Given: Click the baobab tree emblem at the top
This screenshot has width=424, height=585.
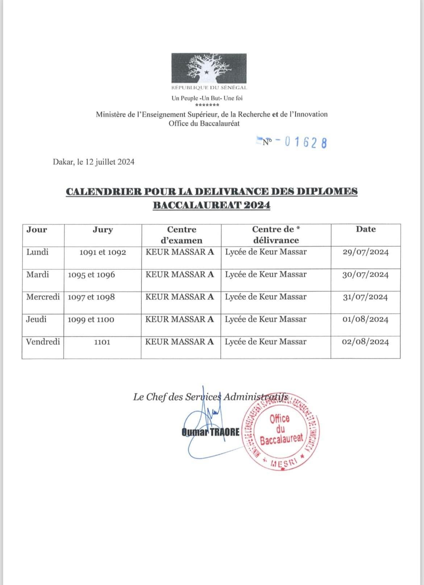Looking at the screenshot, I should [x=209, y=68].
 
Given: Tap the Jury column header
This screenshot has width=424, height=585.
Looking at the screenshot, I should [x=103, y=230].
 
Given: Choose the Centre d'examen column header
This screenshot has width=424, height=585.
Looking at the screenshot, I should [x=181, y=235].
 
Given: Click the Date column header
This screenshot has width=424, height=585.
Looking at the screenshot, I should [x=366, y=229].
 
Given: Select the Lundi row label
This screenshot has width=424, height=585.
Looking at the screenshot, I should [x=37, y=252].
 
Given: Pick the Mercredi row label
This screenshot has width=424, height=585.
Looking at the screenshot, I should [x=43, y=297].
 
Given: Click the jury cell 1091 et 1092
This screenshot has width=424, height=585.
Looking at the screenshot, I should [x=103, y=253].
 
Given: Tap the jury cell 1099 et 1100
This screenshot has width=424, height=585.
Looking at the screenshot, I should [x=91, y=320].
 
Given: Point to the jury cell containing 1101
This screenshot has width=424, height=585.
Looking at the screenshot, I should [x=102, y=342].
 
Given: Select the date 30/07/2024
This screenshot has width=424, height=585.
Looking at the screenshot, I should [x=365, y=275].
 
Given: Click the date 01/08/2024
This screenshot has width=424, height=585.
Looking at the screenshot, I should [x=365, y=320].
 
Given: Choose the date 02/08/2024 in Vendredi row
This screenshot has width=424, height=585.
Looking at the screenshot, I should [x=365, y=342].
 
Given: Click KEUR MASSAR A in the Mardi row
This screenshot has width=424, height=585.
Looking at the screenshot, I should [x=180, y=274].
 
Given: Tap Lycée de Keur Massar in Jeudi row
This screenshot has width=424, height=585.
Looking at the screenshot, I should [x=266, y=319].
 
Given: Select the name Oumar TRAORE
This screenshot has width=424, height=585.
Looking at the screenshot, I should [x=211, y=432].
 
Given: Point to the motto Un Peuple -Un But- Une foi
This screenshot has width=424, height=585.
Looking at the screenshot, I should [x=207, y=98].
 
